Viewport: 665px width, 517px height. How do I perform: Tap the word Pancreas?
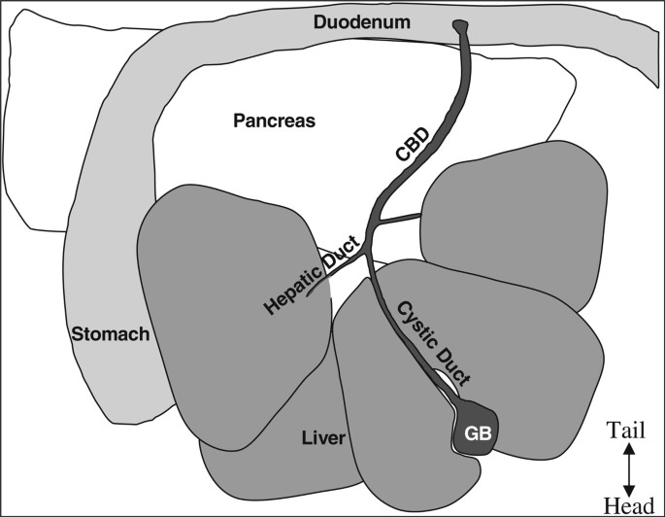pos(276,120)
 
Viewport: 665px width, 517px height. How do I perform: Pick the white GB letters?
pos(475,434)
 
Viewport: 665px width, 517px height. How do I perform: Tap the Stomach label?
pos(110,333)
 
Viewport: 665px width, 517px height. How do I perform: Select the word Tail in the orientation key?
pos(628,429)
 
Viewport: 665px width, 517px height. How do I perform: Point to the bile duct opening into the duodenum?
pos(459,28)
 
